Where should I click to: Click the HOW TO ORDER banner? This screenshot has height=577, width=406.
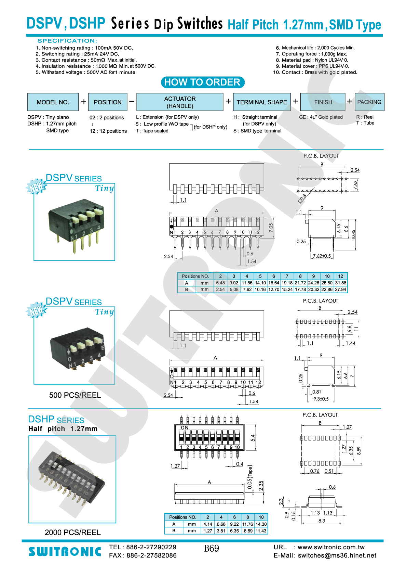pyautogui.click(x=203, y=82)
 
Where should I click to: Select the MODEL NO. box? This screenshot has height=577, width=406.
pyautogui.click(x=53, y=102)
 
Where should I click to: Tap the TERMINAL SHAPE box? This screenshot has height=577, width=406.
pyautogui.click(x=262, y=102)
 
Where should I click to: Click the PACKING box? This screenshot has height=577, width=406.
pyautogui.click(x=369, y=102)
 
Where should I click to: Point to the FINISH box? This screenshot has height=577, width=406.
pyautogui.click(x=323, y=102)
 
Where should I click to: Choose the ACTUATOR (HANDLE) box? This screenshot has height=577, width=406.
pyautogui.click(x=180, y=102)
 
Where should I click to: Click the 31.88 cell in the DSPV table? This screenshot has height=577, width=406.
pyautogui.click(x=340, y=283)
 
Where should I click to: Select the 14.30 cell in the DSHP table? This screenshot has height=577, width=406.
pyautogui.click(x=261, y=524)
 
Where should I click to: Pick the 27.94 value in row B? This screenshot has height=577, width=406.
pyautogui.click(x=340, y=290)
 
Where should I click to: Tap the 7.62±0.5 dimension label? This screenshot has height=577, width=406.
pyautogui.click(x=322, y=256)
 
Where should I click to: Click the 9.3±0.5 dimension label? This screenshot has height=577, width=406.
pyautogui.click(x=321, y=399)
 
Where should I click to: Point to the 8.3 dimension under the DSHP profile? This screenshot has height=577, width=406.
pyautogui.click(x=322, y=521)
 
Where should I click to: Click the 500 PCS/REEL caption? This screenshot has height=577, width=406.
pyautogui.click(x=75, y=395)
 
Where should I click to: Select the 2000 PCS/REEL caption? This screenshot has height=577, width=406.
pyautogui.click(x=73, y=533)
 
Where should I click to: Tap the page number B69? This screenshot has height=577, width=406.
pyautogui.click(x=212, y=549)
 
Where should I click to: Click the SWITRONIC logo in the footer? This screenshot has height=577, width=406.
pyautogui.click(x=65, y=552)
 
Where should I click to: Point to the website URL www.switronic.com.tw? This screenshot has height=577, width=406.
pyautogui.click(x=331, y=547)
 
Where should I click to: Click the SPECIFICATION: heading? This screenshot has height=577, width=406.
pyautogui.click(x=67, y=41)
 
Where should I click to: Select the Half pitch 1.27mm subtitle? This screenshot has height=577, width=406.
pyautogui.click(x=63, y=429)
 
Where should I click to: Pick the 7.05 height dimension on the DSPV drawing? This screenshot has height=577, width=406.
pyautogui.click(x=271, y=228)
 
